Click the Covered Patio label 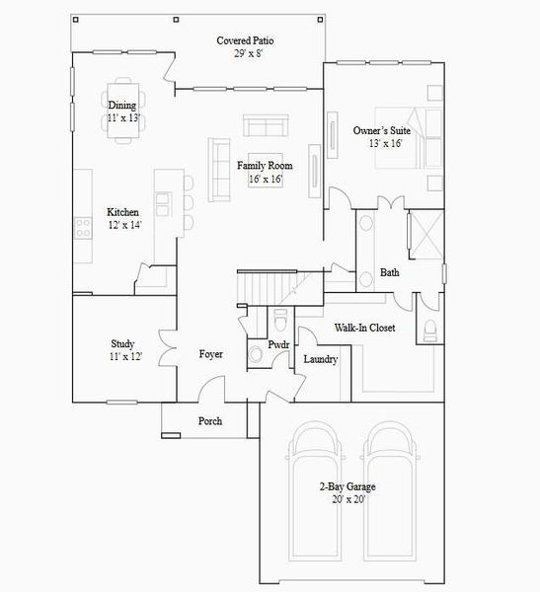(245, 40)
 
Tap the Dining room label (122, 106)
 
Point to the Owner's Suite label (385, 130)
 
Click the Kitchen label (123, 212)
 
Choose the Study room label (122, 344)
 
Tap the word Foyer (211, 354)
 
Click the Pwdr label (278, 344)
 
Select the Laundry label (320, 359)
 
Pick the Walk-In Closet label (364, 328)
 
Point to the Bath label (390, 273)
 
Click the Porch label (210, 421)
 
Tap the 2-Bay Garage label (347, 486)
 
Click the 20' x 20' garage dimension (347, 500)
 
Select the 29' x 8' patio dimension (245, 54)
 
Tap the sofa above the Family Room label (266, 125)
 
